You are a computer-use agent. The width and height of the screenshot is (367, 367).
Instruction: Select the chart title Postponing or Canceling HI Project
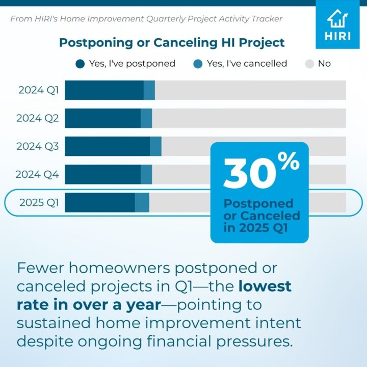click(172, 42)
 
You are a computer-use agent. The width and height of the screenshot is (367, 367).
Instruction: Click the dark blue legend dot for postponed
click(80, 64)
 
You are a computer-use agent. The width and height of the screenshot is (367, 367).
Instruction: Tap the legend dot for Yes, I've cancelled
click(198, 64)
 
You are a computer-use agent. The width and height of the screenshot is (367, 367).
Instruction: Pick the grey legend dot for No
click(309, 64)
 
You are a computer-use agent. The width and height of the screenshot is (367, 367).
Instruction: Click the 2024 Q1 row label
click(38, 91)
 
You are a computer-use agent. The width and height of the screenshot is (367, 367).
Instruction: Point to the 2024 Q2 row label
click(38, 118)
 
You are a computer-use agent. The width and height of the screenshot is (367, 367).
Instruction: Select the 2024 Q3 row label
click(38, 146)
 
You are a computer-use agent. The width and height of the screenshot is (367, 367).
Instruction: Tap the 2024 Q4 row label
click(37, 174)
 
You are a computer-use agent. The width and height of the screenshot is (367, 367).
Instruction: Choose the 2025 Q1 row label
click(39, 202)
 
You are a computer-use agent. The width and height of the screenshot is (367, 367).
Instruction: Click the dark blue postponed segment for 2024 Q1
click(104, 90)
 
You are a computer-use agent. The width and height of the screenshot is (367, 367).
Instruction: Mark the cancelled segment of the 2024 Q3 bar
click(155, 146)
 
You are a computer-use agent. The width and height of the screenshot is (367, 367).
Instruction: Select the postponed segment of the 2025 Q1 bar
click(100, 202)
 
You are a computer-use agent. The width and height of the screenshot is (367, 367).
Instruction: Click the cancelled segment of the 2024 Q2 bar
click(146, 118)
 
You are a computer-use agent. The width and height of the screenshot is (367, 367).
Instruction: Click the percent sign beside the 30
click(288, 162)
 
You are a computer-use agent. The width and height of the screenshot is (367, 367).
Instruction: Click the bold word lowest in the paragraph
click(265, 286)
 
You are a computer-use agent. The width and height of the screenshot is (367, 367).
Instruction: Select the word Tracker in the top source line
click(266, 19)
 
